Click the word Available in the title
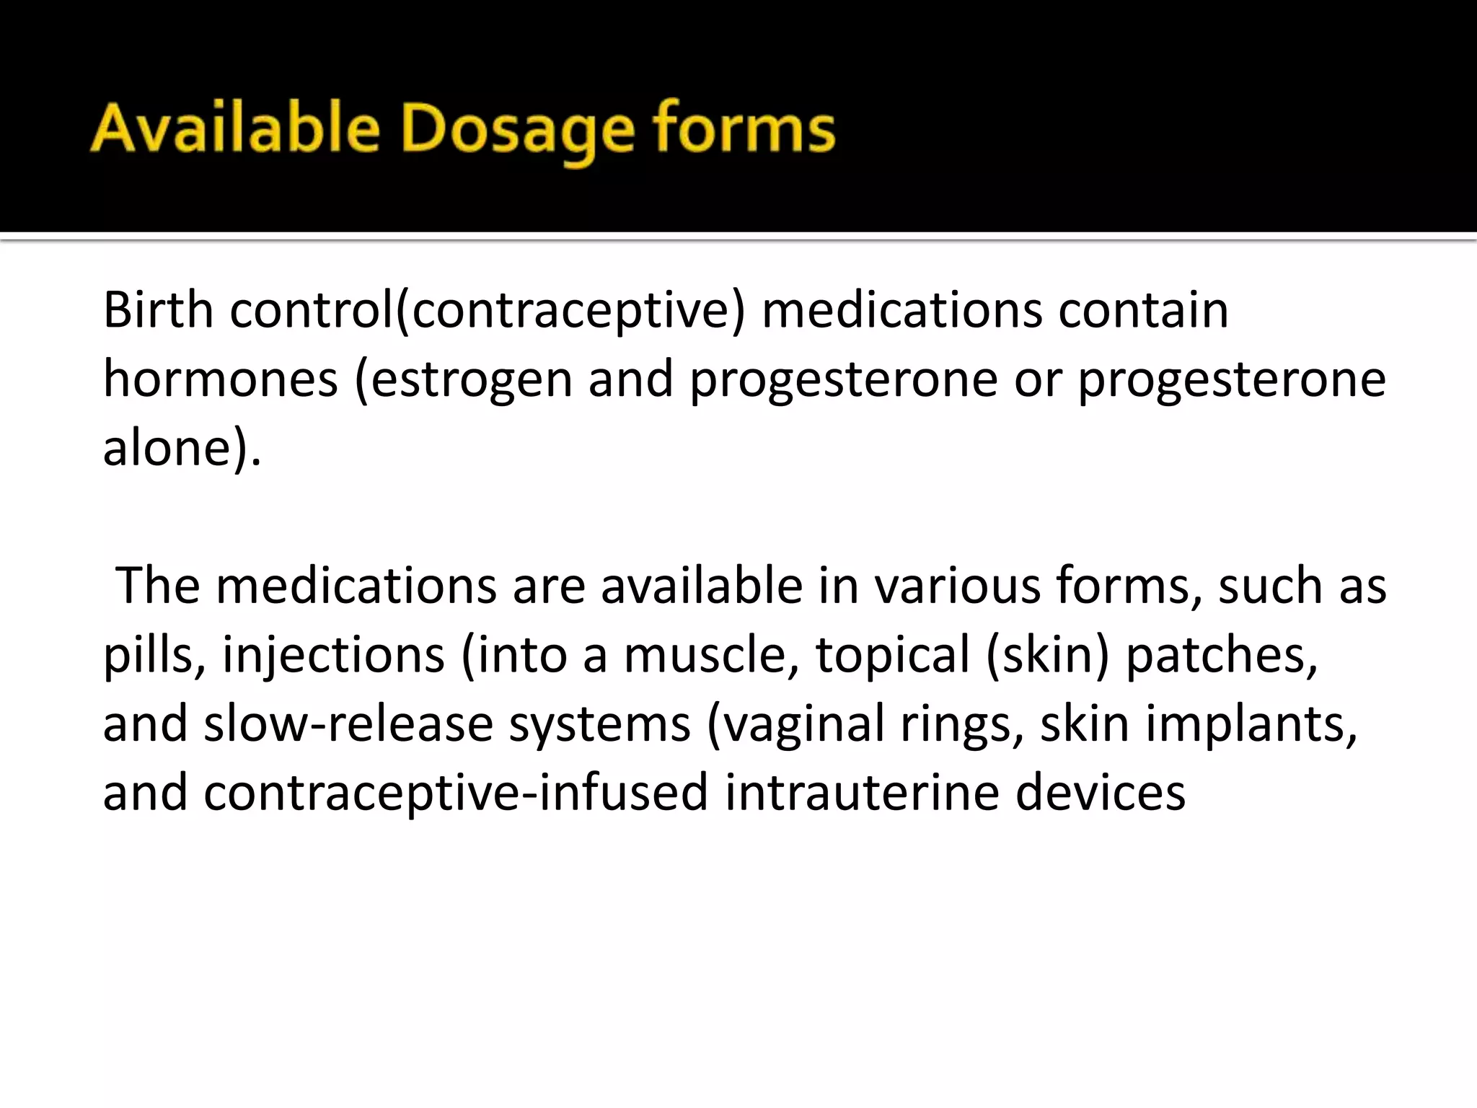(234, 130)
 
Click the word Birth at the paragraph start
(158, 310)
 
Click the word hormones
(220, 379)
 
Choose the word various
(957, 585)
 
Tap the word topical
(892, 655)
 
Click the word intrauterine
(861, 792)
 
